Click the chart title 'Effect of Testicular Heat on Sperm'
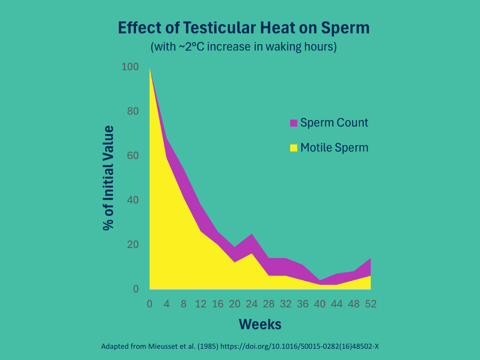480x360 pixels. pyautogui.click(x=243, y=28)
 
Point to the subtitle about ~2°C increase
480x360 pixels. pyautogui.click(x=243, y=47)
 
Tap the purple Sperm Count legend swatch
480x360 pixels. pyautogui.click(x=293, y=123)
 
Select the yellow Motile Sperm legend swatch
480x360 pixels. pyautogui.click(x=293, y=148)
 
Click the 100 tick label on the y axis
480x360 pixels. pyautogui.click(x=130, y=67)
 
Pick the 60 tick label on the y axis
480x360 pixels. pyautogui.click(x=133, y=156)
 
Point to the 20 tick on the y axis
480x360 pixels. pyautogui.click(x=133, y=245)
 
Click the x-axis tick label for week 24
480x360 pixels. pyautogui.click(x=252, y=304)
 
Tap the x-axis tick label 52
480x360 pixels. pyautogui.click(x=370, y=304)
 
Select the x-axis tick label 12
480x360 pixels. pyautogui.click(x=201, y=304)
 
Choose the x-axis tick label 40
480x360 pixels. pyautogui.click(x=320, y=304)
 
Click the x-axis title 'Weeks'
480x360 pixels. pyautogui.click(x=260, y=324)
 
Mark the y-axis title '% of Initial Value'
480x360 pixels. pyautogui.click(x=109, y=178)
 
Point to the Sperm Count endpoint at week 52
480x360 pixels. pyautogui.click(x=370, y=259)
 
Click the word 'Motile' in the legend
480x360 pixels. pyautogui.click(x=315, y=148)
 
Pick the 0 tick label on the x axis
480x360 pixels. pyautogui.click(x=150, y=304)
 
